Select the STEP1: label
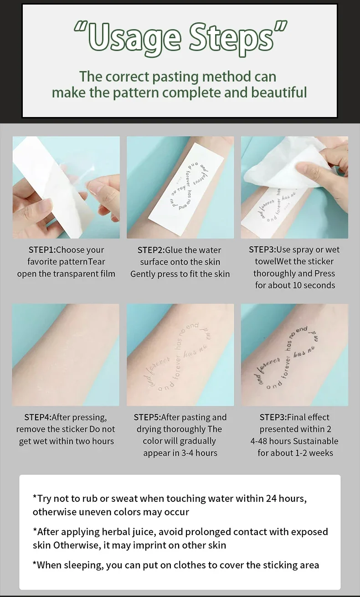tap(42, 250)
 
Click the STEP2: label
tap(151, 250)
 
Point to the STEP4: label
tap(38, 417)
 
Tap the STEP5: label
tap(147, 417)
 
